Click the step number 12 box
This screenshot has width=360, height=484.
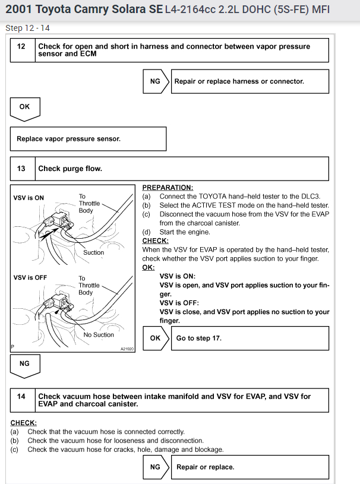(x=21, y=49)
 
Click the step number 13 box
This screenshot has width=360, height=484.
(x=21, y=169)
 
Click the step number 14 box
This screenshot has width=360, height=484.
(x=21, y=400)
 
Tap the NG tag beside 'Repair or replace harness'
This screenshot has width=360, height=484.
(x=155, y=81)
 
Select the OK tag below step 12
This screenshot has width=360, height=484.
(x=24, y=107)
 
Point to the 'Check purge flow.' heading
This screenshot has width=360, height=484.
(x=70, y=169)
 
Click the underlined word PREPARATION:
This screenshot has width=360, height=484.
(x=168, y=187)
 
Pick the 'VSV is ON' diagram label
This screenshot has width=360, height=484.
(x=29, y=198)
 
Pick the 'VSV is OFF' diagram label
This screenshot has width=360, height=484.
(x=30, y=277)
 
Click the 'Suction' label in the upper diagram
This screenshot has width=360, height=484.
(x=93, y=252)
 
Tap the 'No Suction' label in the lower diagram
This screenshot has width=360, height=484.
(x=99, y=334)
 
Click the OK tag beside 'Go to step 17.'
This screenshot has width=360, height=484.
(x=155, y=338)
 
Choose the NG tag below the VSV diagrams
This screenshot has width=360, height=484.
(x=24, y=363)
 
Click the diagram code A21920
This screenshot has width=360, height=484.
(x=127, y=349)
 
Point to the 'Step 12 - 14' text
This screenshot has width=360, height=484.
(x=28, y=28)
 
